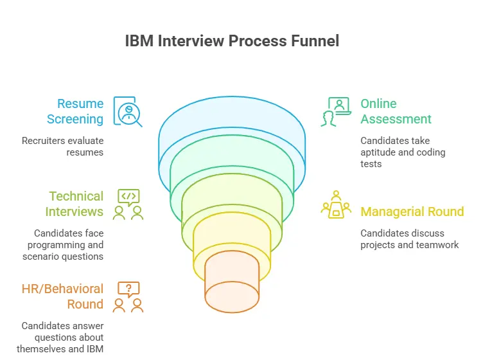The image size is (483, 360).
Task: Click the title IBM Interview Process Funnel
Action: [x=232, y=40]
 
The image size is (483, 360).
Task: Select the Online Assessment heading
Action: [x=396, y=111]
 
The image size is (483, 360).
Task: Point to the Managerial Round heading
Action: [x=412, y=212]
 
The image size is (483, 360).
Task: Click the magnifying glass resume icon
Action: [x=127, y=111]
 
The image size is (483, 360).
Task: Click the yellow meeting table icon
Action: [x=335, y=204]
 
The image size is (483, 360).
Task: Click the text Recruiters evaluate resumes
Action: [x=62, y=145]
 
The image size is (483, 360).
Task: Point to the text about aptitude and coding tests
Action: [x=403, y=152]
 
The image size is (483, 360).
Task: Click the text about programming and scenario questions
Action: [x=62, y=245]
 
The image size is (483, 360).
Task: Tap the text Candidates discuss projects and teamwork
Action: [x=409, y=239]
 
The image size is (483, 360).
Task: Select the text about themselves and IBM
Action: [x=62, y=337]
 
